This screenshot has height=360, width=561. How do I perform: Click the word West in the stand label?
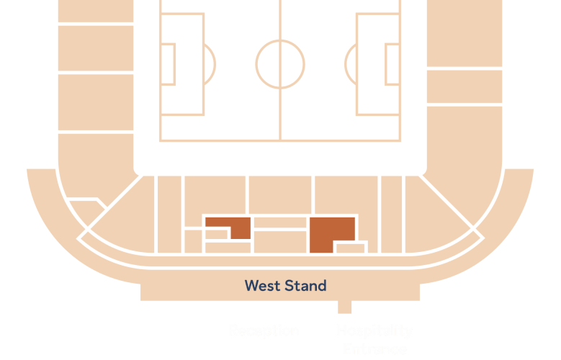pos(262,286)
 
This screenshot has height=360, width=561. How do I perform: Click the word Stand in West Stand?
pos(305,286)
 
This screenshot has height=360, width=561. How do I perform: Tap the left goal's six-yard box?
pos(168,64)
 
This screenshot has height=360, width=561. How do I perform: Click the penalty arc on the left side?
pos(210,64)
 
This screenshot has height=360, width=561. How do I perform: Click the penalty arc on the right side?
pos(351,64)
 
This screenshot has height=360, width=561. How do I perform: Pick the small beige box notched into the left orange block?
pos(216,234)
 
